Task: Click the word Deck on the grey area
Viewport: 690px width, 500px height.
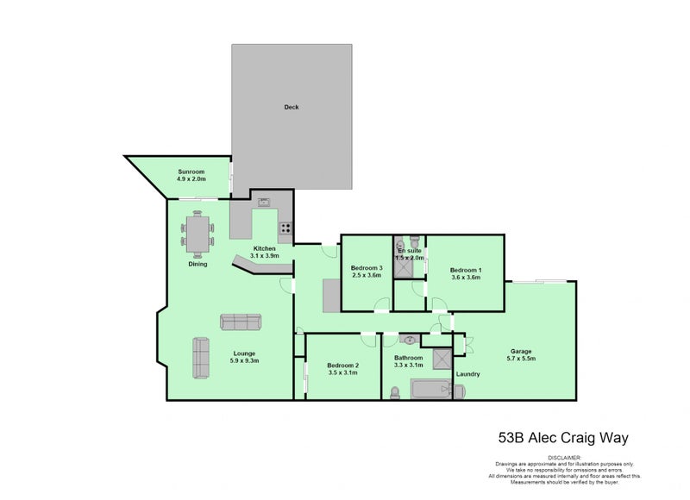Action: pyautogui.click(x=292, y=108)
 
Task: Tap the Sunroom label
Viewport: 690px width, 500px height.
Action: pyautogui.click(x=191, y=171)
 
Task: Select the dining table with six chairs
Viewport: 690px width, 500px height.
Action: pyautogui.click(x=198, y=234)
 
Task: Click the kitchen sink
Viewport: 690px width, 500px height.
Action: pyautogui.click(x=264, y=204)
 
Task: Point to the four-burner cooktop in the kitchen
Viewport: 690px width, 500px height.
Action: pyautogui.click(x=284, y=229)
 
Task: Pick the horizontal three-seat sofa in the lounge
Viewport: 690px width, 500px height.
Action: pyautogui.click(x=240, y=322)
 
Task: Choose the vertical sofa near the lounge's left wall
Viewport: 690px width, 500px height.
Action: pyautogui.click(x=201, y=357)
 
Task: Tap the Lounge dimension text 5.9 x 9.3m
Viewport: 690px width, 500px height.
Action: pyautogui.click(x=245, y=361)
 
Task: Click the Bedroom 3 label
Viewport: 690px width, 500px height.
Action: pyautogui.click(x=366, y=268)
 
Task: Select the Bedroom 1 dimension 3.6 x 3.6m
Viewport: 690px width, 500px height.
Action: pyautogui.click(x=466, y=278)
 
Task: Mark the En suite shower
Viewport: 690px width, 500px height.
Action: pyautogui.click(x=403, y=267)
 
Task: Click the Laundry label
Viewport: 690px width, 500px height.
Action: pyautogui.click(x=468, y=374)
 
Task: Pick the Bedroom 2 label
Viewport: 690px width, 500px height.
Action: pyautogui.click(x=342, y=366)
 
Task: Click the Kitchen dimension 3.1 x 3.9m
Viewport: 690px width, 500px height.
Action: pyautogui.click(x=264, y=256)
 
